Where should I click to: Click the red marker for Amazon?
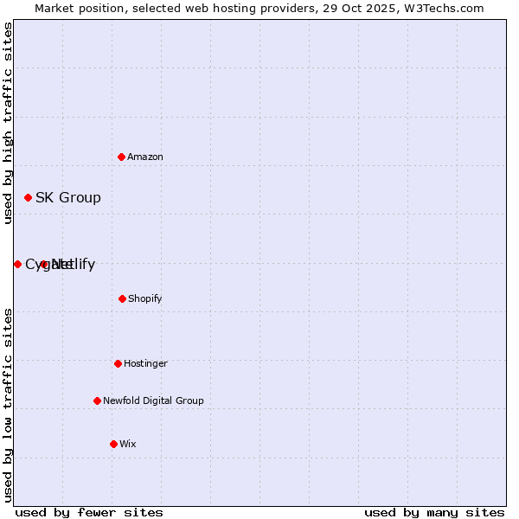coord(122,157)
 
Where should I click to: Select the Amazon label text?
coord(145,157)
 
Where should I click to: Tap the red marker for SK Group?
coord(28,197)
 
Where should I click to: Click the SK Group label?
coord(67,198)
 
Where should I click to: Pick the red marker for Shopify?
coord(122,298)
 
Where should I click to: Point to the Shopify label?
coord(145,299)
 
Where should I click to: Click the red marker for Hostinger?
coord(118,363)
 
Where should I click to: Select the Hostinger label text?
coord(145,364)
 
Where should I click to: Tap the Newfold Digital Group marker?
coord(97,400)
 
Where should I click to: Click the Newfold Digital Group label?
coord(153,401)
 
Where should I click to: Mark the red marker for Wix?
coord(113,444)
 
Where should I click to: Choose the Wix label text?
coord(128,445)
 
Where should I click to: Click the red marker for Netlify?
coord(44,264)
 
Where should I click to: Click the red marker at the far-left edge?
coord(17,264)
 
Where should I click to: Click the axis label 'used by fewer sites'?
coord(89,512)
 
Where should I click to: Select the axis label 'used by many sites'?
coord(434,512)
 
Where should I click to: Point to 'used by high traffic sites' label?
coord(8,123)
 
